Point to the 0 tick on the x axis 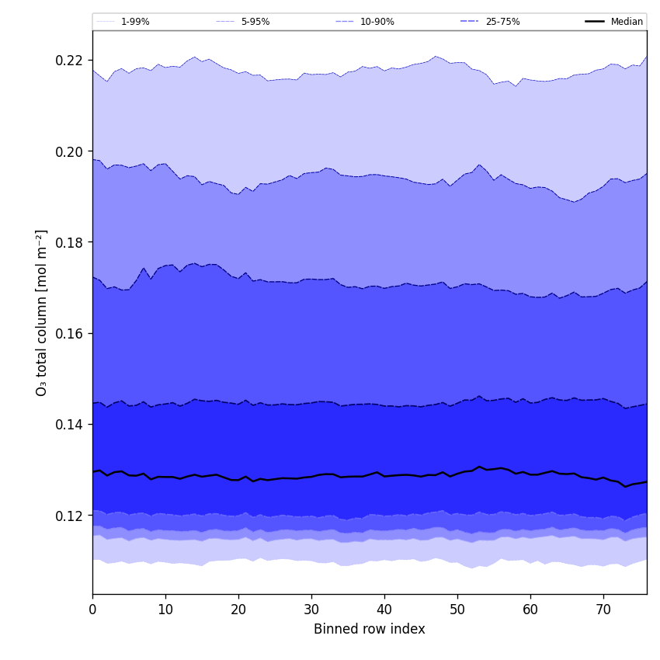(92, 610)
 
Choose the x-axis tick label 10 (165, 610)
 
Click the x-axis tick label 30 (311, 610)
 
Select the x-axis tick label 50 (457, 610)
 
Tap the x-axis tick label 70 (603, 610)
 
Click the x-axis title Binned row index (369, 630)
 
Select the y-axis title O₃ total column (42, 312)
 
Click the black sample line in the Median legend (595, 22)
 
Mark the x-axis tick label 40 (384, 610)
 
